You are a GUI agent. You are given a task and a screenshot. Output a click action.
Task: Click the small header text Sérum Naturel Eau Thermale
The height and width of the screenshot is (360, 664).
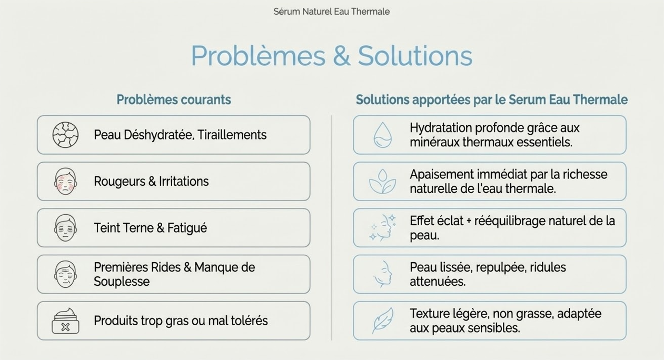[x=331, y=12]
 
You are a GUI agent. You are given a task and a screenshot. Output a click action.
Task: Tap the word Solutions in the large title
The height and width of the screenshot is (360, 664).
[x=415, y=56]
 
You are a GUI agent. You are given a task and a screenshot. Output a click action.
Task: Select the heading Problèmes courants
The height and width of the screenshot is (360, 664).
[x=173, y=99]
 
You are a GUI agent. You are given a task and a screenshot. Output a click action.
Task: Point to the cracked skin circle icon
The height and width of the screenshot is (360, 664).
[x=65, y=135]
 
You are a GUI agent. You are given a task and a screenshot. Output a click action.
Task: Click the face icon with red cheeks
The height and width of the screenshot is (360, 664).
[x=65, y=181]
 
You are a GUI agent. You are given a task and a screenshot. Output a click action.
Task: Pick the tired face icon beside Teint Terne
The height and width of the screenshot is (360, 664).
[x=65, y=227]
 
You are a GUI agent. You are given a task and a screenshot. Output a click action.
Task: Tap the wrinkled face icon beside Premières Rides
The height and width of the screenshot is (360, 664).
[x=65, y=274]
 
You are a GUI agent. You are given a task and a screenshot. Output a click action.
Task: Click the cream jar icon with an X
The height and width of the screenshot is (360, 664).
[x=65, y=321]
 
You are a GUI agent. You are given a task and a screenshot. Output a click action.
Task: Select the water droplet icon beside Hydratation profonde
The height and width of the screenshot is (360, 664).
[x=382, y=135]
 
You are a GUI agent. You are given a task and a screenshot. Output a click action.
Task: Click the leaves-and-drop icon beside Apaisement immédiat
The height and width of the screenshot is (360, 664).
[x=382, y=181]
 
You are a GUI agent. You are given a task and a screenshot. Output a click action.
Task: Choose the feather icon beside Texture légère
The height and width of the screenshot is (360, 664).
[x=382, y=321]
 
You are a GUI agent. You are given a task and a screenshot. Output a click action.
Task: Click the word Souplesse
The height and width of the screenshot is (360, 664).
[x=122, y=282]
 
